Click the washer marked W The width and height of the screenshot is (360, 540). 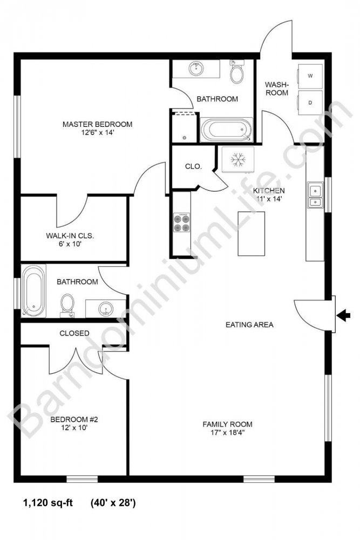pyautogui.click(x=310, y=76)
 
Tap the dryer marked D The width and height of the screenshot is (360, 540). pyautogui.click(x=310, y=103)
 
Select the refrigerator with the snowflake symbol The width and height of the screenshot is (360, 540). pyautogui.click(x=238, y=159)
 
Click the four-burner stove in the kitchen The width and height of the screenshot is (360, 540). pyautogui.click(x=182, y=223)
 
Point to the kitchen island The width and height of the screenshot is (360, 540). pyautogui.click(x=251, y=233)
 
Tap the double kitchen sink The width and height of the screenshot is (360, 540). pyautogui.click(x=315, y=195)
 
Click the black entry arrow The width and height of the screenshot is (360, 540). pyautogui.click(x=343, y=315)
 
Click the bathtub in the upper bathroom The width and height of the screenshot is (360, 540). pyautogui.click(x=227, y=130)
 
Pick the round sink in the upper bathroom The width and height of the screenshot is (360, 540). pyautogui.click(x=196, y=69)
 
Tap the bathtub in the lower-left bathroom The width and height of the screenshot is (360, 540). pyautogui.click(x=33, y=291)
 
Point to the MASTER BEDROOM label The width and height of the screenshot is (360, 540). pyautogui.click(x=97, y=124)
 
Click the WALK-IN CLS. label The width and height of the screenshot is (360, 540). pyautogui.click(x=70, y=236)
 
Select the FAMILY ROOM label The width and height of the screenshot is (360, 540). pyautogui.click(x=227, y=424)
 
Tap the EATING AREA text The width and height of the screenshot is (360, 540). pyautogui.click(x=249, y=325)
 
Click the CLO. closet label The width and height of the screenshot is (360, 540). pyautogui.click(x=193, y=166)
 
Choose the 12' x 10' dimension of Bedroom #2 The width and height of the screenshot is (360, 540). pyautogui.click(x=74, y=428)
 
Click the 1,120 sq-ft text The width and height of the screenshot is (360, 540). pyautogui.click(x=48, y=503)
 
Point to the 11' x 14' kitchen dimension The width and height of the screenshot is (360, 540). pyautogui.click(x=270, y=199)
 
